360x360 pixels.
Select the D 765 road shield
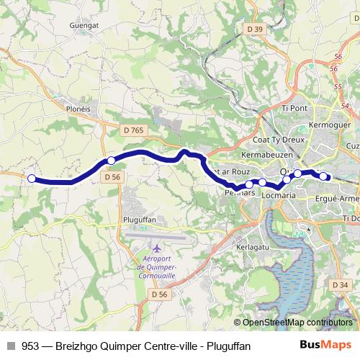coord(133,130)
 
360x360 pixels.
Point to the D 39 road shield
coord(254,29)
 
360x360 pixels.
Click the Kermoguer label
coord(328,125)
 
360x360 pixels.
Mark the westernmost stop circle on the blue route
coord(31,179)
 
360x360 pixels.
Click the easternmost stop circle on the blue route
coord(324,176)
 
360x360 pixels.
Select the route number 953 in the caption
coord(30,346)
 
